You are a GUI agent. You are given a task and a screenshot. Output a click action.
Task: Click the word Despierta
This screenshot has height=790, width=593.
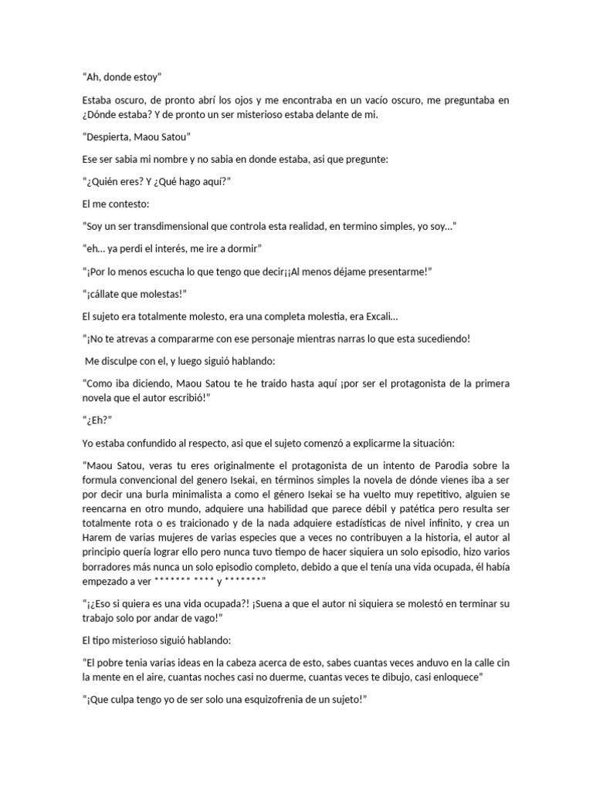[113, 138]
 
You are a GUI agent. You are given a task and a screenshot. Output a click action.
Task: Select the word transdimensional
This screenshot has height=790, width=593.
[178, 228]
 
